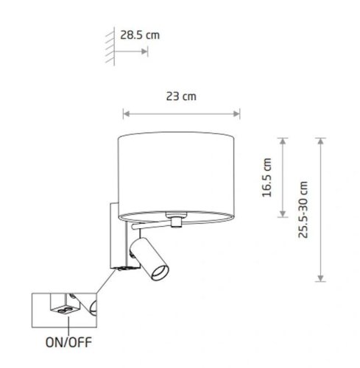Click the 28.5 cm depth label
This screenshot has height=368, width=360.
click(140, 35)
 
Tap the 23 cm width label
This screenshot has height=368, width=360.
click(181, 96)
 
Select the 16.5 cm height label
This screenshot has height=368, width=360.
click(267, 177)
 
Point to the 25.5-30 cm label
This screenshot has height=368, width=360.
click(303, 210)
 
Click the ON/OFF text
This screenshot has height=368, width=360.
click(68, 342)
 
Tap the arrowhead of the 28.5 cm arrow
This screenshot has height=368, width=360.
click(144, 52)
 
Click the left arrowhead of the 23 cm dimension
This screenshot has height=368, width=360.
click(126, 114)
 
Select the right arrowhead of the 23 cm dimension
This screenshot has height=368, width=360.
click(236, 114)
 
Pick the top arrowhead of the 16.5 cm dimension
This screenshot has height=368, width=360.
click(283, 141)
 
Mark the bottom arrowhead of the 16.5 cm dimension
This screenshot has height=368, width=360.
click(283, 214)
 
